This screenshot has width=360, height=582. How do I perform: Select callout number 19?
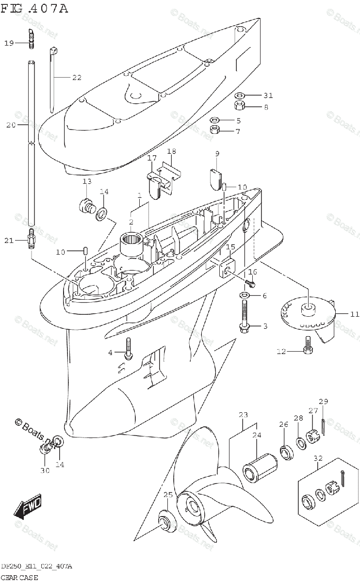pos(9,43)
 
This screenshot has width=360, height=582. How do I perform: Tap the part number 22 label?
pos(77,77)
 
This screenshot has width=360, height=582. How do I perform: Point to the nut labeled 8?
pos(240,106)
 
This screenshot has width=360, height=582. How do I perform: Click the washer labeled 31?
pos(240,95)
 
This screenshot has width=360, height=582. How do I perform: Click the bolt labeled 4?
pos(128,350)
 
